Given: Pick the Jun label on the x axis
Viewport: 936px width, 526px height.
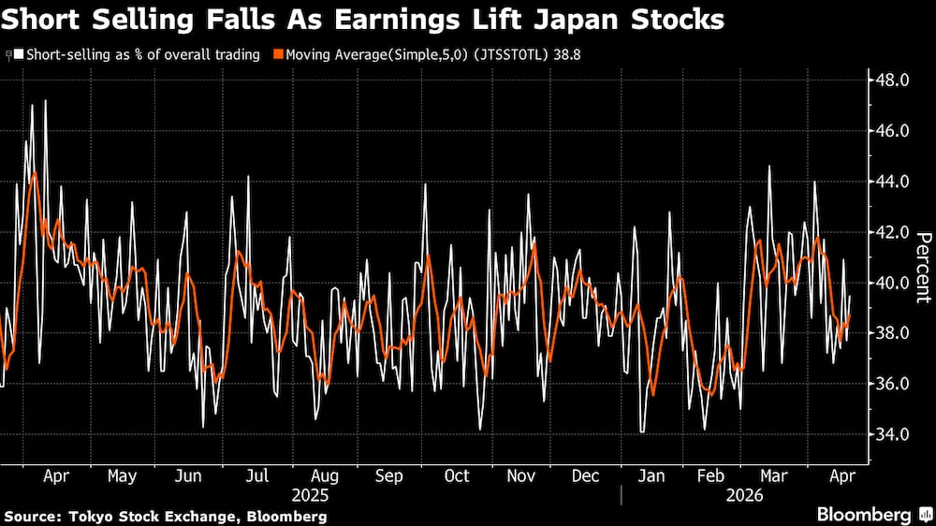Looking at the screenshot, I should tap(188, 475).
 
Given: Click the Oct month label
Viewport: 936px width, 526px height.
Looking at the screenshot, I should tap(456, 475).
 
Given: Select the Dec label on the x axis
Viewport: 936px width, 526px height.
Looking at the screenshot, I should tap(585, 475).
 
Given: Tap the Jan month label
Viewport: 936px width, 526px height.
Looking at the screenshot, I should tap(651, 475).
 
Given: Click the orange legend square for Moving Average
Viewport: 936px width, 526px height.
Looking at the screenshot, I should tap(278, 55).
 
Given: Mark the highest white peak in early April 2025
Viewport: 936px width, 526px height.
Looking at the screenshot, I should tap(45, 101).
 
